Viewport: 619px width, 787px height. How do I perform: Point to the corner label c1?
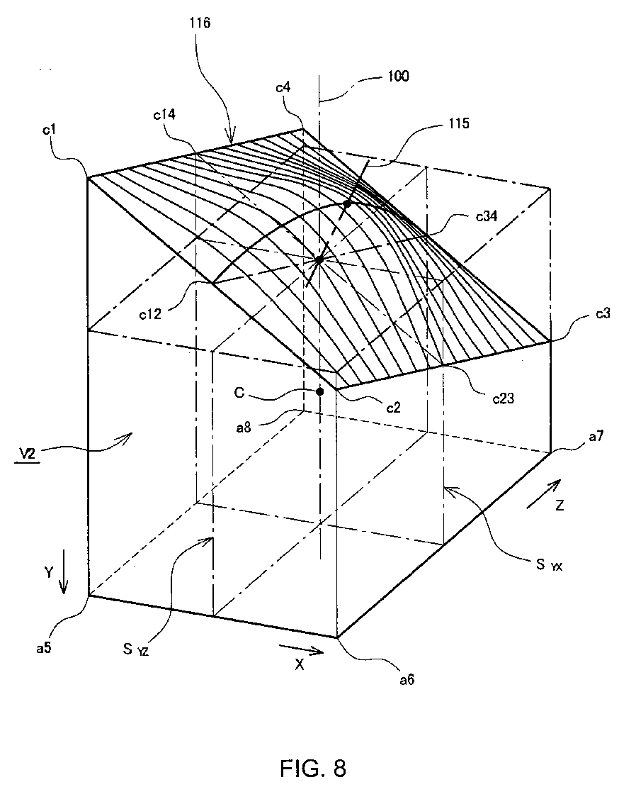click(x=49, y=133)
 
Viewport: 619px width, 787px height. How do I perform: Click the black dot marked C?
click(x=320, y=391)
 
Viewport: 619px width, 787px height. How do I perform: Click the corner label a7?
click(x=574, y=443)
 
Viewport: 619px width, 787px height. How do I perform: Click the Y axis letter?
click(x=47, y=573)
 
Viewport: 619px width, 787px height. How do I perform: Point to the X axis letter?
click(x=300, y=666)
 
